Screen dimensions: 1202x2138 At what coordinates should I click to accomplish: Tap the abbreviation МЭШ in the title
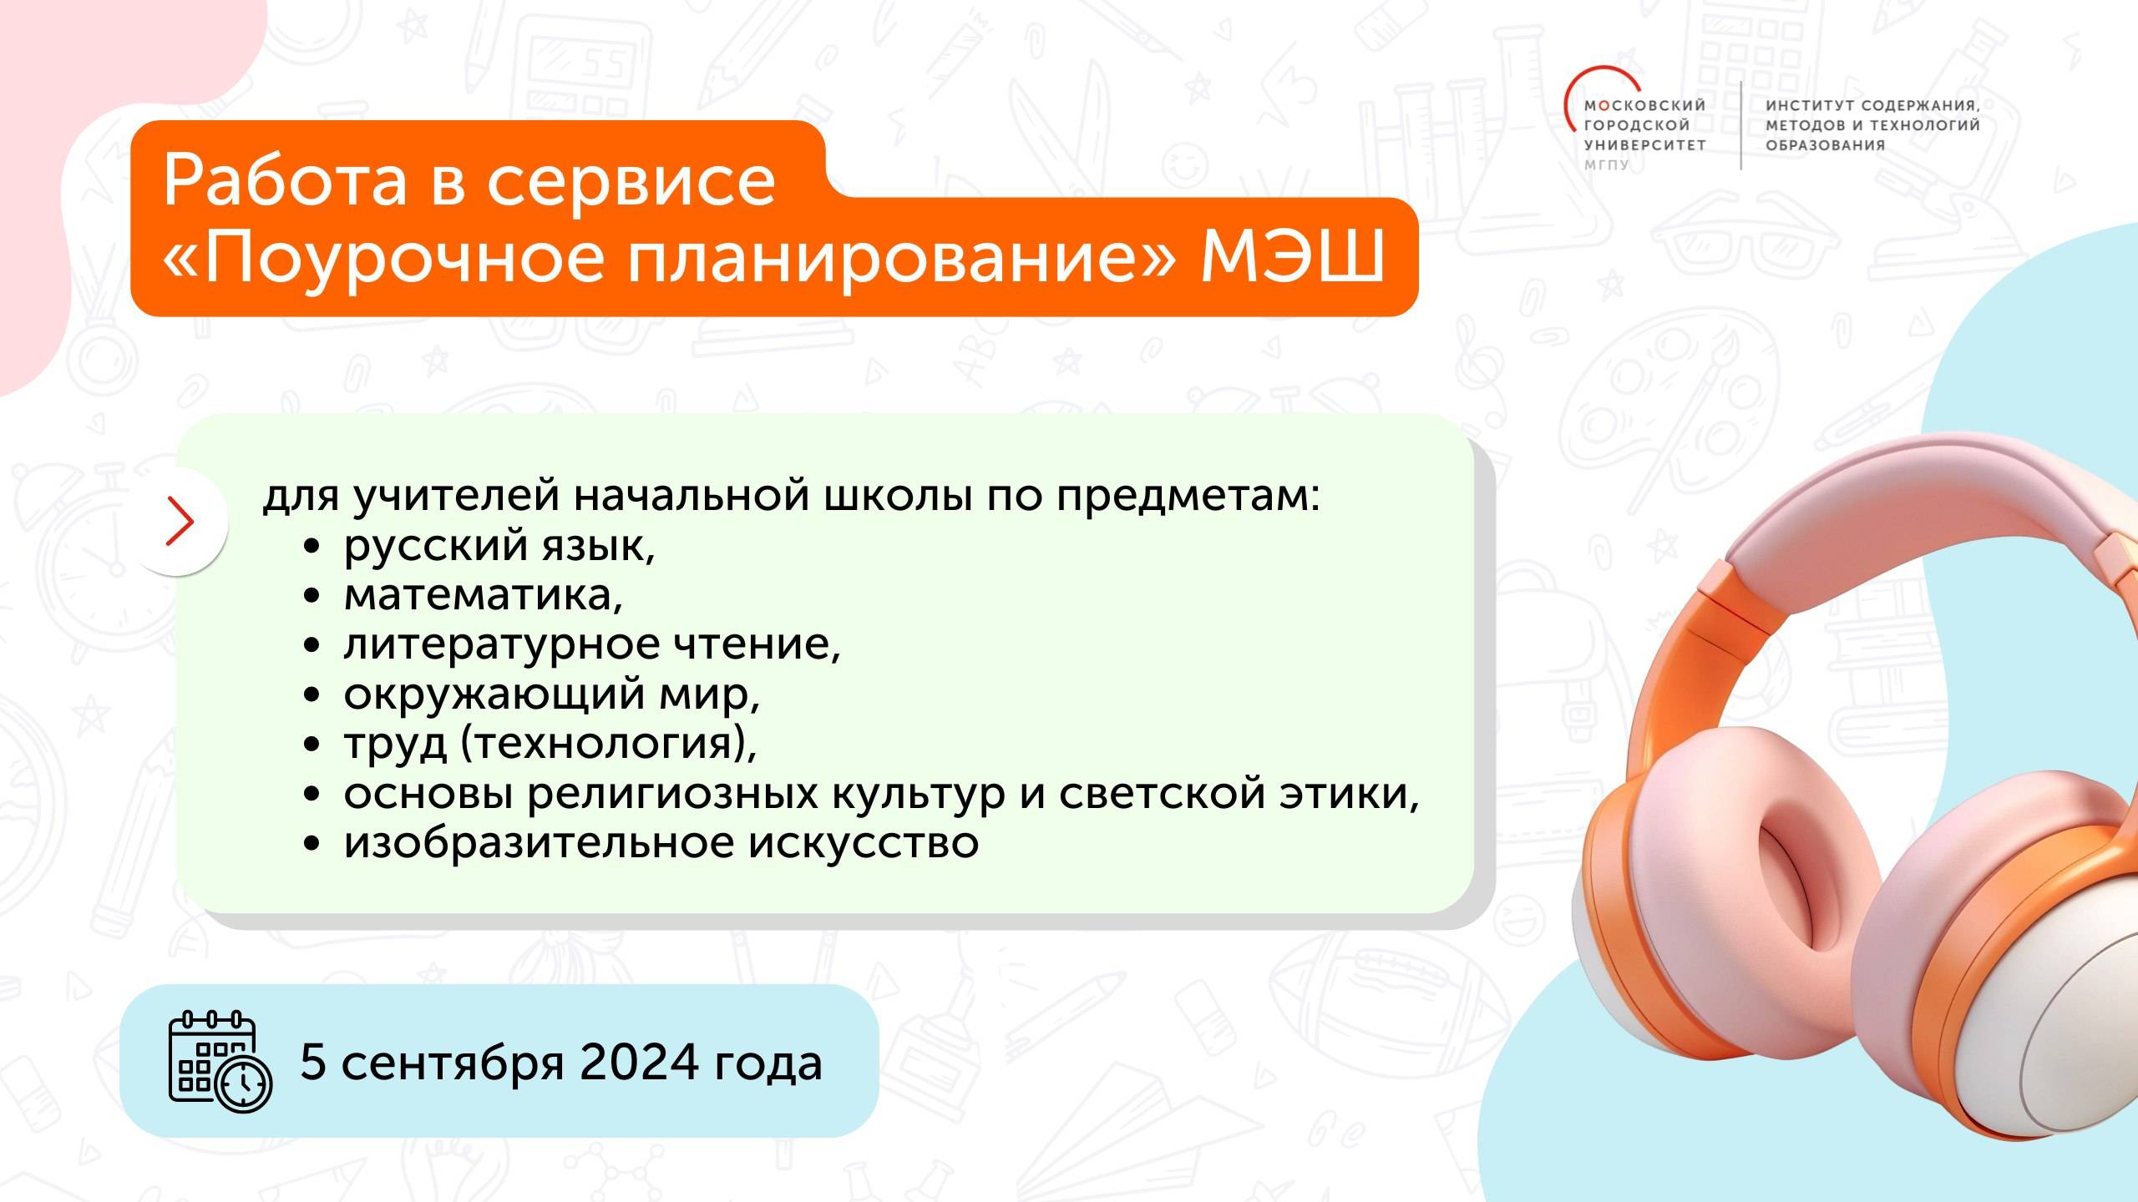tap(1292, 256)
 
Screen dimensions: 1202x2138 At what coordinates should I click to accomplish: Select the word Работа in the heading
tap(285, 181)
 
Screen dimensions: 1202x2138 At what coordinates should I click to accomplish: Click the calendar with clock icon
tap(220, 1062)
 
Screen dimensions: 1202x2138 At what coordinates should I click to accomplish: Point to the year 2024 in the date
tap(639, 1062)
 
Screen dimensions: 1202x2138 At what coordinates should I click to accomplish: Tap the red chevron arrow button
tap(180, 522)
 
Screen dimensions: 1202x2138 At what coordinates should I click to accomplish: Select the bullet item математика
tap(483, 595)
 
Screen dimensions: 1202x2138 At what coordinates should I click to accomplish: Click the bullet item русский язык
tap(499, 547)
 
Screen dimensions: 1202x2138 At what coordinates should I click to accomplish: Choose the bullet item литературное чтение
tap(591, 644)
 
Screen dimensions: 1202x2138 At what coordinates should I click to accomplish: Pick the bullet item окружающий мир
tap(551, 694)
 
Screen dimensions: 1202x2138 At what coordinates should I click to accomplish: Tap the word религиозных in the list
tap(672, 793)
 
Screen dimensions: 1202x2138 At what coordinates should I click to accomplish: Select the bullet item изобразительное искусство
tap(661, 843)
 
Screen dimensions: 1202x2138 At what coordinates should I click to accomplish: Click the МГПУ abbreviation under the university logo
tap(1607, 165)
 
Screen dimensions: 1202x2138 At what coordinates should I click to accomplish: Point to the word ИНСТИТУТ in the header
tap(1810, 106)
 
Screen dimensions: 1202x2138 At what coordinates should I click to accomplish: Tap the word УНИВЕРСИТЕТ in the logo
tap(1644, 145)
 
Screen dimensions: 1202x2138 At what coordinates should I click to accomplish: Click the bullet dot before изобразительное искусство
tap(312, 844)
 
